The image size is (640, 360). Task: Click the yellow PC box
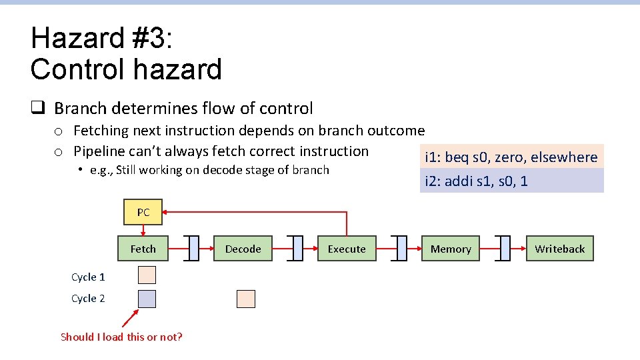click(x=143, y=213)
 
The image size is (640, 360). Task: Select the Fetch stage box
click(x=143, y=249)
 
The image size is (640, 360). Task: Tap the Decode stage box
click(x=243, y=249)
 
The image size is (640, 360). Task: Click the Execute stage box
click(x=347, y=249)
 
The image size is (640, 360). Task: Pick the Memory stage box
click(x=451, y=249)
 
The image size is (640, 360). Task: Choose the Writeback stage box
click(x=559, y=249)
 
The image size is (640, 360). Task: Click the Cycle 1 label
click(x=88, y=277)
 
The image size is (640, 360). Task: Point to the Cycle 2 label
click(x=88, y=299)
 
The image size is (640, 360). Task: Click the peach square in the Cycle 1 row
click(x=147, y=275)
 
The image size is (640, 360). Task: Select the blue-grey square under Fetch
click(x=147, y=299)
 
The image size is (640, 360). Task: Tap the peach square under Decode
click(x=246, y=299)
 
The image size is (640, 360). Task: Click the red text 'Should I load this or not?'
click(x=121, y=337)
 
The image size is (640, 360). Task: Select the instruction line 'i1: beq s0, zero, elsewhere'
click(x=511, y=157)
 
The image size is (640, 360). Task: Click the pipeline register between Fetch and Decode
click(x=193, y=249)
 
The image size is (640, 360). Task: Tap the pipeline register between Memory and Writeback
click(x=505, y=249)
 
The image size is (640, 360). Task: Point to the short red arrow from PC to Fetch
click(x=143, y=230)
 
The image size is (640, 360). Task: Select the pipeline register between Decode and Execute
click(x=297, y=249)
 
